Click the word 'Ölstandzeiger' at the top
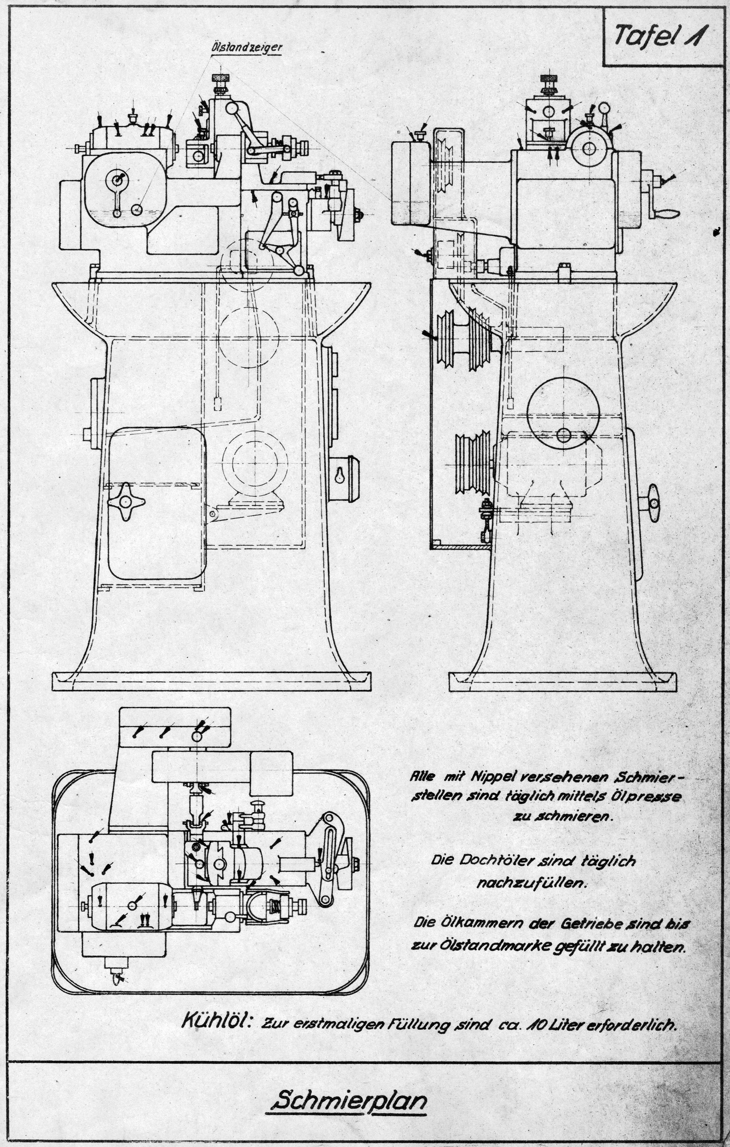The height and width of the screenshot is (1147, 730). pyautogui.click(x=247, y=48)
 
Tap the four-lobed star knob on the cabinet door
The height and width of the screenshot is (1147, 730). pyautogui.click(x=125, y=501)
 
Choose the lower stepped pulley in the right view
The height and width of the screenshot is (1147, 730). pyautogui.click(x=473, y=464)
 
